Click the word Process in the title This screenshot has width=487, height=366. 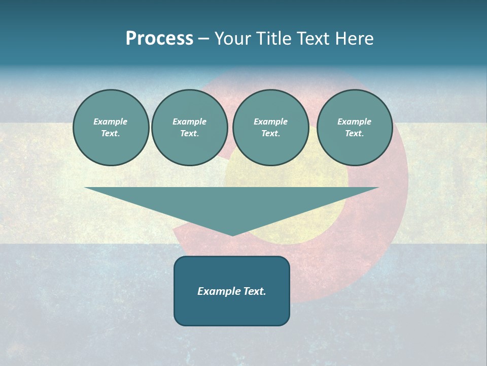(x=159, y=39)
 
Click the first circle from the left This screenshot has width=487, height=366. (x=111, y=128)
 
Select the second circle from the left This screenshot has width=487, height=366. (x=189, y=128)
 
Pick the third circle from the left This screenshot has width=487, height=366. (x=270, y=128)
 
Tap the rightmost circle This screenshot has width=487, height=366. (x=354, y=128)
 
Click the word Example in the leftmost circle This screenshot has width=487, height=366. (x=111, y=121)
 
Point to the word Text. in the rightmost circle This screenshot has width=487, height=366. (x=354, y=134)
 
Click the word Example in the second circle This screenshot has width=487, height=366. (x=189, y=121)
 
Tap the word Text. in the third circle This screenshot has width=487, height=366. (x=270, y=134)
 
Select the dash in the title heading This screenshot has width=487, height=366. (x=203, y=39)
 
